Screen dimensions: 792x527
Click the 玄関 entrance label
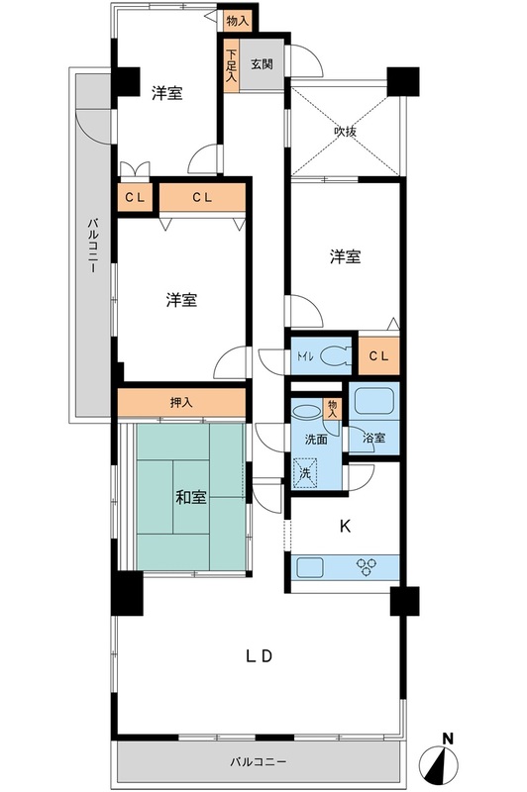coord(262,65)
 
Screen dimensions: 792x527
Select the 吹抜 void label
coord(345,130)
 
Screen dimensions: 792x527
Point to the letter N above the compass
coord(448,739)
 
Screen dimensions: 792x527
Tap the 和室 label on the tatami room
coord(191,497)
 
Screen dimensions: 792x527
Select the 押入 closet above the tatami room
coord(181,403)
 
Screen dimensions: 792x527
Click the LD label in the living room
coord(259,655)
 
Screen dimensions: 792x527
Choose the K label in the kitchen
coord(345,527)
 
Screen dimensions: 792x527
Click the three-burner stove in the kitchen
coord(369,568)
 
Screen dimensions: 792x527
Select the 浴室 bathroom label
coord(373,435)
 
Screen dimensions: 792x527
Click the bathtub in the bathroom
coord(375,402)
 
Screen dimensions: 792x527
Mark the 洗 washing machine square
coord(306,473)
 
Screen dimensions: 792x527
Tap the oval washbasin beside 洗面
coord(306,409)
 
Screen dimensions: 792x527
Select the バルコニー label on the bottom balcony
coord(259,762)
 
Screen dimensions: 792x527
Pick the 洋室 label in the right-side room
coord(345,257)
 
